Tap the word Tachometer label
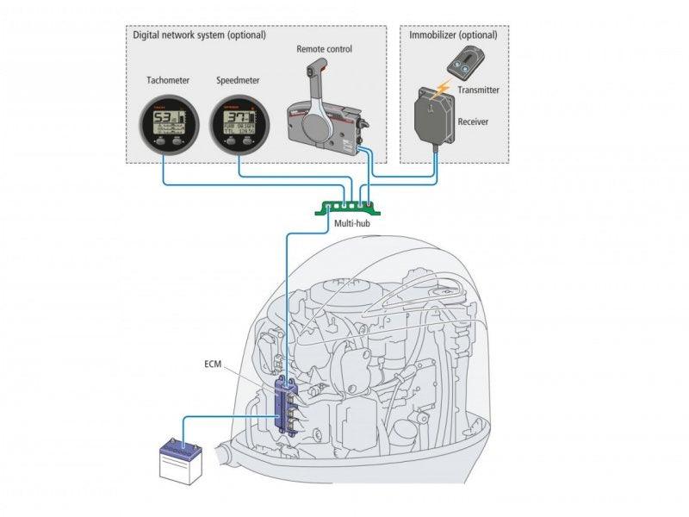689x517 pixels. point(168,80)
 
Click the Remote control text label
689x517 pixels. point(324,50)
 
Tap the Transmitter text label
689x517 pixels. point(480,90)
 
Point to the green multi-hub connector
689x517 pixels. point(349,205)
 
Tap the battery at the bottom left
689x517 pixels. point(182,457)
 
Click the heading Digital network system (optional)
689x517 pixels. point(199,35)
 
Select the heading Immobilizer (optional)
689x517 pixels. point(451,35)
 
